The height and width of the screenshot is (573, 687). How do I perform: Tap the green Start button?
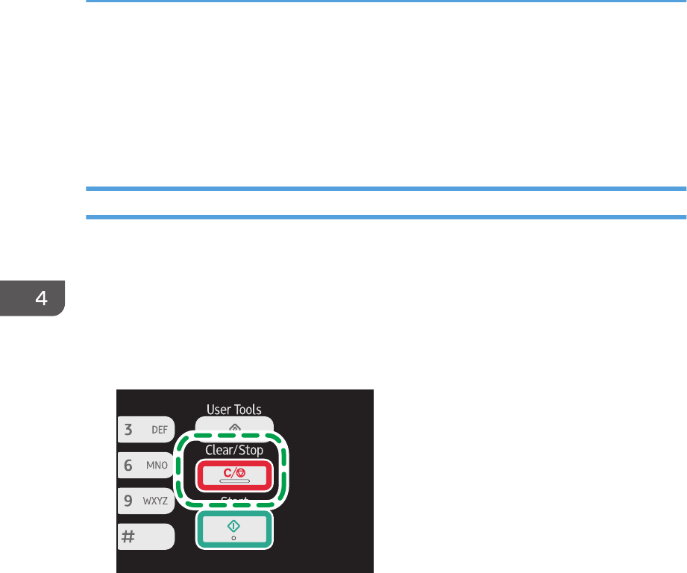point(235,529)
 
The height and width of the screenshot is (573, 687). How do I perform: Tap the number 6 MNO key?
point(145,465)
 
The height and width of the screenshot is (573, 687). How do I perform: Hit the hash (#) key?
point(145,536)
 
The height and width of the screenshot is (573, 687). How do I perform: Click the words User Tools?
point(234,409)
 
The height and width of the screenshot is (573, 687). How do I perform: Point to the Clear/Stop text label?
point(234,451)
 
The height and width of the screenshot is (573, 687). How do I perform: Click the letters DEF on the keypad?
point(159,430)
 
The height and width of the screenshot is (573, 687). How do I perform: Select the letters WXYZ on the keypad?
point(157,501)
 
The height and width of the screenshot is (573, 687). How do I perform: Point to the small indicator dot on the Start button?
point(235,538)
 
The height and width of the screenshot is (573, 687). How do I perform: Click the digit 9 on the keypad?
point(128,501)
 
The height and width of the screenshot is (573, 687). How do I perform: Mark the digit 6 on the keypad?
point(128,465)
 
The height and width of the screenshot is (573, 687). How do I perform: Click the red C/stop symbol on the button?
point(234,472)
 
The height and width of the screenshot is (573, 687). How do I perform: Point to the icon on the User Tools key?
point(234,427)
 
